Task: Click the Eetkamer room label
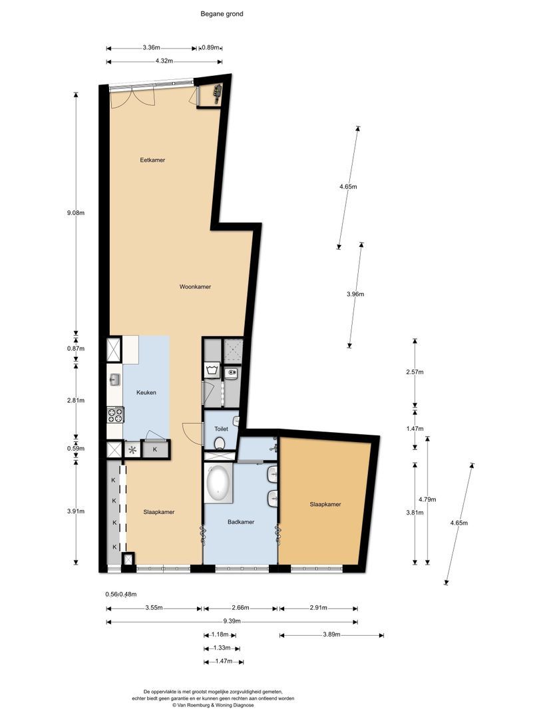coord(152,160)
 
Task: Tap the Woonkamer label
coord(195,286)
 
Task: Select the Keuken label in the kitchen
coord(146,393)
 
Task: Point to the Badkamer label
coord(241,522)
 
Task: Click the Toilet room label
coord(221,429)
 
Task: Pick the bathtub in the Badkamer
coord(218,484)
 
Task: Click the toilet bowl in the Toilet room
coord(220,443)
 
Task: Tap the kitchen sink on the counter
coord(114,379)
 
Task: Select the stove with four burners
coord(115,415)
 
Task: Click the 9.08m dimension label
coord(76,213)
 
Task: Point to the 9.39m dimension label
coord(232,622)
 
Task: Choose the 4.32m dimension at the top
coord(164,61)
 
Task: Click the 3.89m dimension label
coord(331,635)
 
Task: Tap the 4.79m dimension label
coord(427,499)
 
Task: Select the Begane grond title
coord(222,14)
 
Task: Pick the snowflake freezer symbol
coord(132,450)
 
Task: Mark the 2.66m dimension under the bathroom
coord(240,608)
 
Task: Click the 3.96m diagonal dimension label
coord(355,294)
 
